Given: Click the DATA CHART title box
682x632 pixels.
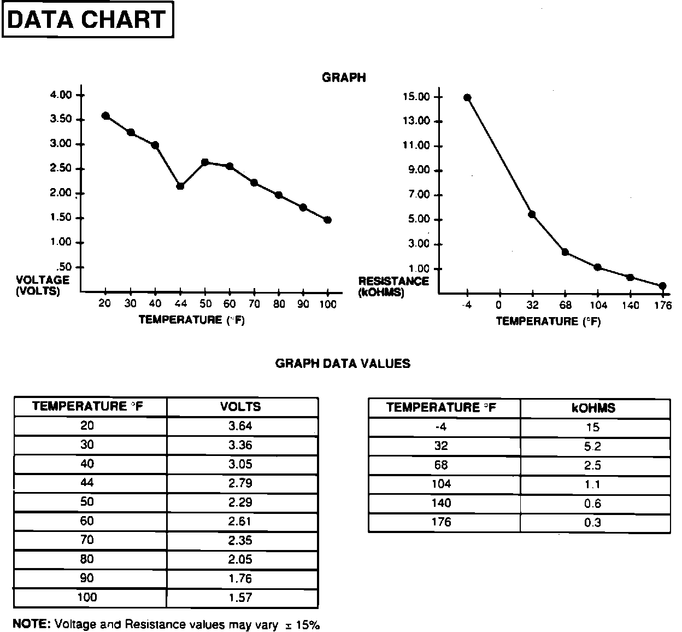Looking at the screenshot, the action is tap(88, 20).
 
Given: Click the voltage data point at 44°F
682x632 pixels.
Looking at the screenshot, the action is tap(180, 186).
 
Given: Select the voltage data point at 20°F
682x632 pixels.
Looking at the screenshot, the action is tap(106, 116).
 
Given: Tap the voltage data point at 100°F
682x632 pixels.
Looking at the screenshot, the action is tap(327, 220).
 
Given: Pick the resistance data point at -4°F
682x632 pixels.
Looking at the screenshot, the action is tap(467, 98).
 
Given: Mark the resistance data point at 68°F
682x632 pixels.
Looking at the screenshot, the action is tap(565, 252).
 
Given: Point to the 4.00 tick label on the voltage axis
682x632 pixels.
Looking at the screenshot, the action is tap(61, 95).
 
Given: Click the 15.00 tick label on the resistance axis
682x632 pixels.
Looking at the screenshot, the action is tap(416, 97).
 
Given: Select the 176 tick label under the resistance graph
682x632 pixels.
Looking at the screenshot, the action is tap(662, 305).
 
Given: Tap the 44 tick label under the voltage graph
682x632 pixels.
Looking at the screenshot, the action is tap(181, 303).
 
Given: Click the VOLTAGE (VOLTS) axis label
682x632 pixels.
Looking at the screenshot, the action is tap(43, 285).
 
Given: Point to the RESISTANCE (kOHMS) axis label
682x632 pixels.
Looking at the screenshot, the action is tap(393, 286).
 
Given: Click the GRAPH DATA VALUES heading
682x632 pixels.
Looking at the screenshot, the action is tap(343, 364).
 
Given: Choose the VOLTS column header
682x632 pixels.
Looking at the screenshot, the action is tap(240, 407).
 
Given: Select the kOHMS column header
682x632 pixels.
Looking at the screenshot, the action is tap(593, 408).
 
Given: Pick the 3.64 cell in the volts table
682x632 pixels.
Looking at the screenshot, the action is tap(240, 426).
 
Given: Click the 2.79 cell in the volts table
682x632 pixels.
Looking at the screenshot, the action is tap(240, 483).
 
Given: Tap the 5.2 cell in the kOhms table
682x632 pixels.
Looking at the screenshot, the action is tap(593, 447).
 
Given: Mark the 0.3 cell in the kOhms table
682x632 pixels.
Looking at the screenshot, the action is tap(593, 523).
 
